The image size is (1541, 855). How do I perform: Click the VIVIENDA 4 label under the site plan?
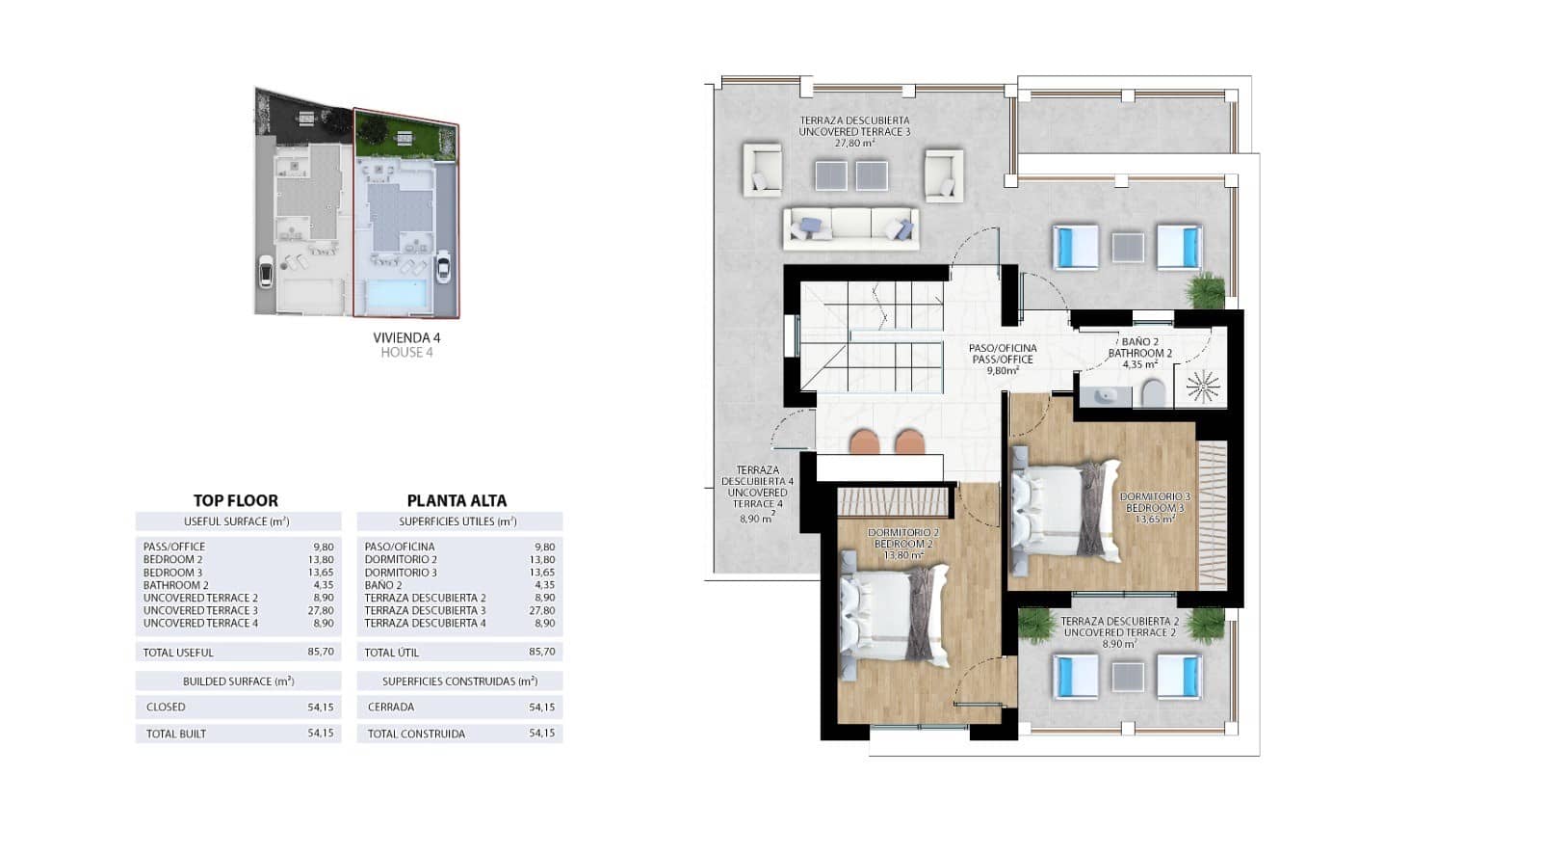(406, 338)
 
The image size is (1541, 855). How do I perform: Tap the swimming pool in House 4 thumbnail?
(400, 293)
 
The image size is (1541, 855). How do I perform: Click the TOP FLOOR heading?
(236, 500)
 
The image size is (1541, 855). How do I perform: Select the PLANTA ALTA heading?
(457, 500)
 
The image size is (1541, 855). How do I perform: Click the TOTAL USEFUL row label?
(178, 653)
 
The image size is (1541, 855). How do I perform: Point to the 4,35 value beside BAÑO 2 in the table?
(544, 585)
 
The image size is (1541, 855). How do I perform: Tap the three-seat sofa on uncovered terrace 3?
(850, 227)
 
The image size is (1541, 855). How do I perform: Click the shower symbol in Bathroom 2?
(1203, 387)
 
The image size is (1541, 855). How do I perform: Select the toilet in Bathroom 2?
(1153, 393)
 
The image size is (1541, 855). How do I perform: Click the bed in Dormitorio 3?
(1064, 508)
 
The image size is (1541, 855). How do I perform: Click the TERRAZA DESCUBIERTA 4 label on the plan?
(757, 487)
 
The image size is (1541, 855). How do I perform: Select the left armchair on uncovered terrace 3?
(762, 171)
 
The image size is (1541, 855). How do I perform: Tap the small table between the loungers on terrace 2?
(1127, 677)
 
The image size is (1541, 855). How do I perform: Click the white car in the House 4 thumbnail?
(442, 267)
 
